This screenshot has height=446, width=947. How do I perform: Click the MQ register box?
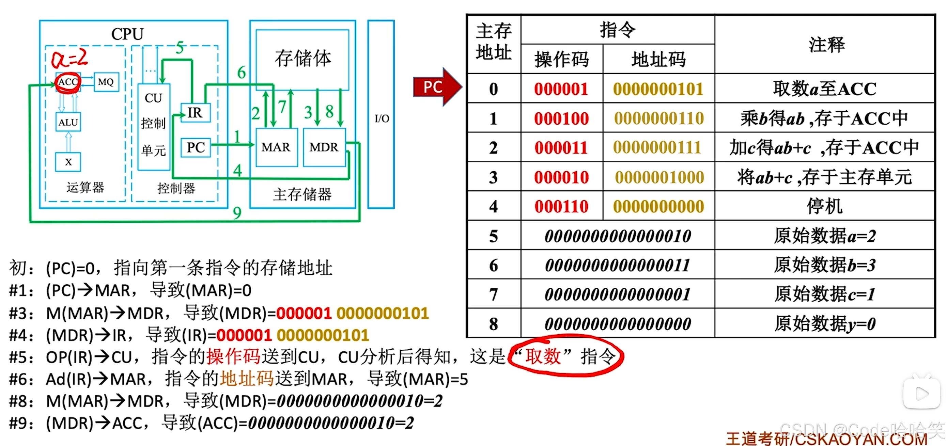click(106, 82)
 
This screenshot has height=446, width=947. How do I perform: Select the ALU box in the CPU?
click(68, 122)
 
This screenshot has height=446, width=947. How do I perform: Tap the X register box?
click(68, 162)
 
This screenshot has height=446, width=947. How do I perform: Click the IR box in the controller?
click(195, 112)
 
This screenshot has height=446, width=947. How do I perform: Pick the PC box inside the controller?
click(196, 147)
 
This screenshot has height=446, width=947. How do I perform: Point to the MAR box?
click(276, 147)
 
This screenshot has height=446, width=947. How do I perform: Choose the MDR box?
click(324, 147)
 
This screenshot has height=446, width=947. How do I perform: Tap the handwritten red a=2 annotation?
click(69, 59)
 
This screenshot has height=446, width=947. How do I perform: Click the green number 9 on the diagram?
click(237, 213)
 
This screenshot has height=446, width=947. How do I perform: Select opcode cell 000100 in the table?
click(561, 118)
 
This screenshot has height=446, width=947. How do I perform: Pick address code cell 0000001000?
click(659, 177)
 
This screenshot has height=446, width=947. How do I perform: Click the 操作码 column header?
click(561, 60)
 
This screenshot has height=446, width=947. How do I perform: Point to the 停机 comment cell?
click(825, 206)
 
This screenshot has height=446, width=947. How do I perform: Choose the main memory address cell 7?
click(493, 294)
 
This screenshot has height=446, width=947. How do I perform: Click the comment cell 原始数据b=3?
click(825, 265)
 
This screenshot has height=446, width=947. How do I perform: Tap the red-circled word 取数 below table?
click(543, 356)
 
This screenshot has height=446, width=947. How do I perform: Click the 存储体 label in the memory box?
click(302, 58)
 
